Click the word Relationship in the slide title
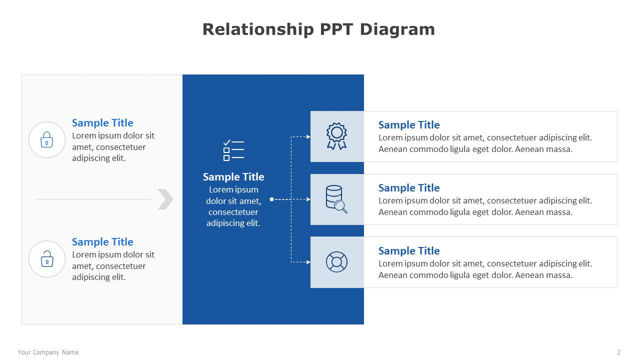tap(258, 29)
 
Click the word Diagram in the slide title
tap(397, 29)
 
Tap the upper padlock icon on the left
tap(47, 139)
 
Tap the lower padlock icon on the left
tap(47, 259)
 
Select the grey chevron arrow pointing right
tap(165, 199)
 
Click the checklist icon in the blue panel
tap(233, 150)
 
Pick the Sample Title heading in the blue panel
tap(233, 177)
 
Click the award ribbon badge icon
tap(336, 136)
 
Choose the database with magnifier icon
tap(336, 199)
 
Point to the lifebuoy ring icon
tap(336, 262)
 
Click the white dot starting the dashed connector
tap(271, 199)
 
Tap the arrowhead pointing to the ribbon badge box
tap(308, 137)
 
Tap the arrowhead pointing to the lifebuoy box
tap(308, 262)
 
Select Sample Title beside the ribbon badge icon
tap(409, 125)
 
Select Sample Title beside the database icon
tap(409, 188)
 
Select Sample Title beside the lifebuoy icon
tap(409, 251)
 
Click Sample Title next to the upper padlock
tap(102, 123)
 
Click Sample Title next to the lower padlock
tap(102, 242)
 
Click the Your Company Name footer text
tap(48, 352)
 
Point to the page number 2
tap(618, 352)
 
